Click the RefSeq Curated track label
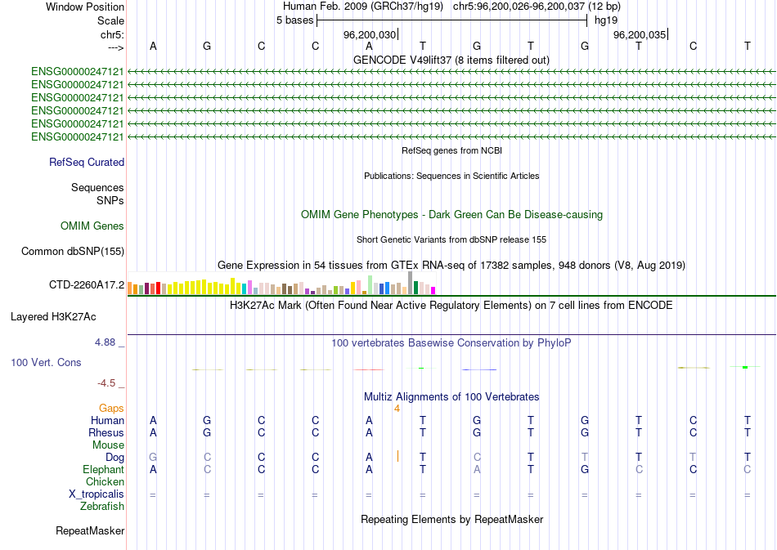(87, 163)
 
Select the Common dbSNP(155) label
(73, 252)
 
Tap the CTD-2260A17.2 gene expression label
(87, 285)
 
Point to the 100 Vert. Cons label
(47, 362)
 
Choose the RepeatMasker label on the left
(90, 531)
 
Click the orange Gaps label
(111, 408)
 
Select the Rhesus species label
(107, 432)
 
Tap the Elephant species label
(104, 470)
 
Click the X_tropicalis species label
(97, 494)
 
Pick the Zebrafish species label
(102, 507)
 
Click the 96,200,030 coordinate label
(370, 35)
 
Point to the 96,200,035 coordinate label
(640, 35)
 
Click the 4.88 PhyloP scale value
(108, 343)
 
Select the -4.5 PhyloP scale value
(108, 382)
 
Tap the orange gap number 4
(397, 408)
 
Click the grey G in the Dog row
(153, 457)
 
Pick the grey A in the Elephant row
(477, 470)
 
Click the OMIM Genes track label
(92, 226)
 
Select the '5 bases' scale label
(294, 20)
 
